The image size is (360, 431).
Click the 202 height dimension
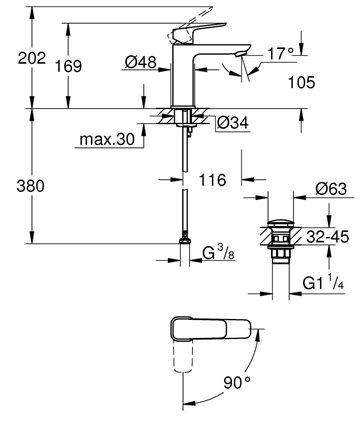(32, 58)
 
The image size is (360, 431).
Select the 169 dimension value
(68, 66)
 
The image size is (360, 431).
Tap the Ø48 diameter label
(140, 62)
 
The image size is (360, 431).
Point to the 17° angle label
(281, 53)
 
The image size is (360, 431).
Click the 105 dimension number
(301, 82)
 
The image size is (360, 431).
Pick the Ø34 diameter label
(233, 123)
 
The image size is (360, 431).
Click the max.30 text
(107, 139)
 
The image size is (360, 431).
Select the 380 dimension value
(30, 186)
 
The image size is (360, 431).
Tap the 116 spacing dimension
(212, 180)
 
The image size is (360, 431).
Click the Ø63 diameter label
(331, 189)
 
